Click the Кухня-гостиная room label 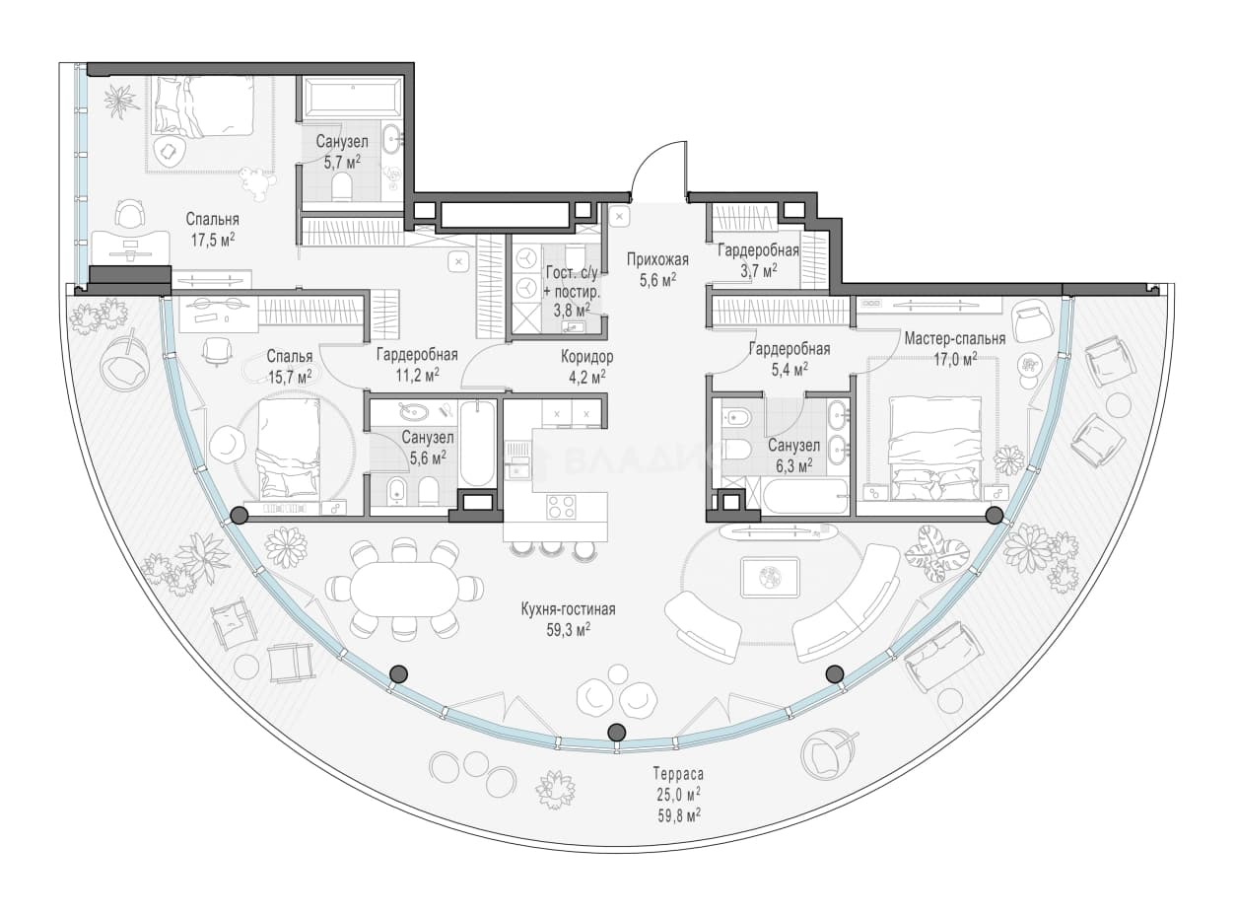click(568, 609)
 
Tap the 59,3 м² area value click(568, 630)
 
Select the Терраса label click(678, 774)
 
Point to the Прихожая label click(657, 259)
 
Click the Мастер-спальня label click(955, 338)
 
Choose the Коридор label click(586, 356)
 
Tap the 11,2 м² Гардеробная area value click(417, 375)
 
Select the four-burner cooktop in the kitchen click(561, 507)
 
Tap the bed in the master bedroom click(935, 448)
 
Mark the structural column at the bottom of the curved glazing click(616, 731)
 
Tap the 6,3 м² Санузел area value click(793, 465)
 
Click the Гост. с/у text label click(572, 273)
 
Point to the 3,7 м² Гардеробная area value click(758, 271)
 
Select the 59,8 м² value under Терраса click(679, 817)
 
